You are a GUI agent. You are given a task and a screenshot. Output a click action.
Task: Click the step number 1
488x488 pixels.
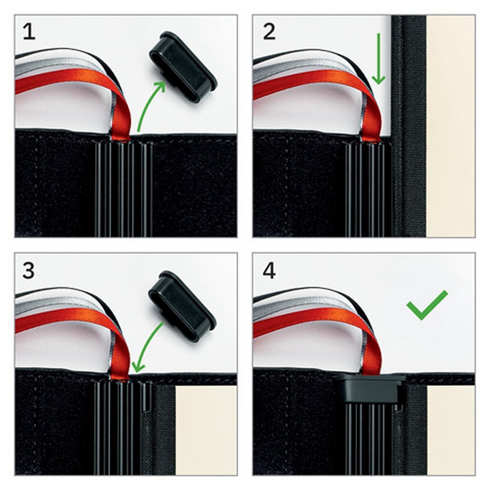point(29,32)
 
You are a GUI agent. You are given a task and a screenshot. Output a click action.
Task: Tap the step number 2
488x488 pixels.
point(269,32)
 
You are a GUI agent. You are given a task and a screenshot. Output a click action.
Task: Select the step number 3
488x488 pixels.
point(29,271)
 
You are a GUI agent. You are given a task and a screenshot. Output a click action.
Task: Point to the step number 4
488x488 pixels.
point(269,271)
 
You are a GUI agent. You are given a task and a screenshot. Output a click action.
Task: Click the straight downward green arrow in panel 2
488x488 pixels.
point(378,59)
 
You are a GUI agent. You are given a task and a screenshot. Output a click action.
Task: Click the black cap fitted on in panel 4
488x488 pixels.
point(370,389)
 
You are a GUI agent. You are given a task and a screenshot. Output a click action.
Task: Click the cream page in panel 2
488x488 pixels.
point(450,126)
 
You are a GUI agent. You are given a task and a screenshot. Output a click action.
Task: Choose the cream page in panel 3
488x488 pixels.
point(206,430)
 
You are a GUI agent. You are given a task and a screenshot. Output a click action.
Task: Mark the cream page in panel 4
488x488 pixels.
point(451,430)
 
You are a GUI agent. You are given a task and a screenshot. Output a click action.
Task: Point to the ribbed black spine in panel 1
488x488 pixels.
point(123,189)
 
